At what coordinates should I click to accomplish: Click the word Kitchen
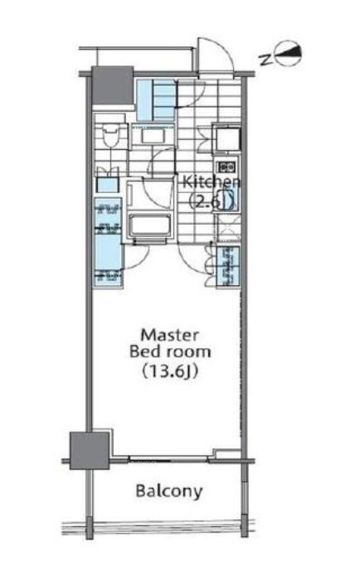tap(212, 182)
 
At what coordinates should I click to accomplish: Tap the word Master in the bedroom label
tap(169, 335)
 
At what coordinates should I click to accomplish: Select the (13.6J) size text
tap(169, 371)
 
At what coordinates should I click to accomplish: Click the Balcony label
tap(169, 492)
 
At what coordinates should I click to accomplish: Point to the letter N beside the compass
tap(266, 60)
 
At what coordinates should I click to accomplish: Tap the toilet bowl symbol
tap(109, 135)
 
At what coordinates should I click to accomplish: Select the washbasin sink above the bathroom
tap(153, 136)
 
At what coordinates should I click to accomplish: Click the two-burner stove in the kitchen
tap(226, 167)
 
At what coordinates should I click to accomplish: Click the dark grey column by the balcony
tap(89, 451)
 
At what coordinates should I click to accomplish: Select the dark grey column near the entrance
tap(113, 85)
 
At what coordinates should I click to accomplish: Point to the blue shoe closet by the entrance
tap(156, 100)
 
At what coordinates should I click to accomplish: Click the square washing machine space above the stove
tap(226, 138)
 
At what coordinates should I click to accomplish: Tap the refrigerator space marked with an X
tap(226, 228)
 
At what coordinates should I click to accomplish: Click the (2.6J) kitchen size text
tap(212, 201)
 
